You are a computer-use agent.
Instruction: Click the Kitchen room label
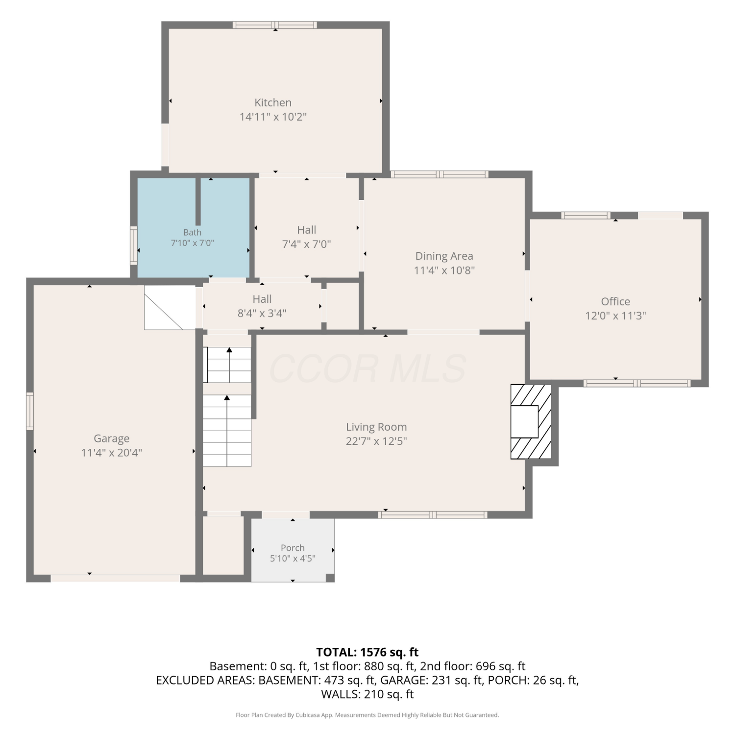[273, 102]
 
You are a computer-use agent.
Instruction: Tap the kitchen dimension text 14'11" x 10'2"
[273, 117]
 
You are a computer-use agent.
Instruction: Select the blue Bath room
[194, 227]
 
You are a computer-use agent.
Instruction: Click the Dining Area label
[444, 256]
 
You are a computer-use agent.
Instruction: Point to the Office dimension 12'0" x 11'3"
[615, 316]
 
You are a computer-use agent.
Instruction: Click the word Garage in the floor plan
[112, 439]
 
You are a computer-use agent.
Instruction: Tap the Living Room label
[376, 427]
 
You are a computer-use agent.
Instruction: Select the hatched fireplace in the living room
[531, 421]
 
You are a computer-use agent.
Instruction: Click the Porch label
[293, 548]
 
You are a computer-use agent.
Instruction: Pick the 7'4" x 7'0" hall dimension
[307, 244]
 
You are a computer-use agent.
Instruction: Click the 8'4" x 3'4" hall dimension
[262, 313]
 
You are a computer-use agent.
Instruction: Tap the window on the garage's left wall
[30, 411]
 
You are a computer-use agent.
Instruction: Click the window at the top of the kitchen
[275, 25]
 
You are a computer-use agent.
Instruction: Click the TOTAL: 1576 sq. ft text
[367, 652]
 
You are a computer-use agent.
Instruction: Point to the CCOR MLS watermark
[367, 368]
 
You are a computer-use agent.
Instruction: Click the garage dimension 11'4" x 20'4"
[112, 453]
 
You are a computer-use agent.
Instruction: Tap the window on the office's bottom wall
[637, 383]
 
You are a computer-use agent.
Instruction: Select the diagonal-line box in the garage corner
[170, 308]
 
